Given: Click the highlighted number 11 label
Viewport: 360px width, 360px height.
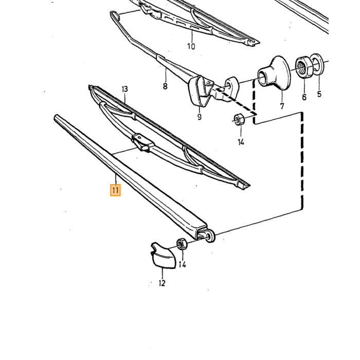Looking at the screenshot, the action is [x=115, y=190].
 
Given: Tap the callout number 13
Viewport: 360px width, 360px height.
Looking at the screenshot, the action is [x=124, y=89].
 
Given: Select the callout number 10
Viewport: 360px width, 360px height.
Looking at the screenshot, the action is [x=191, y=46].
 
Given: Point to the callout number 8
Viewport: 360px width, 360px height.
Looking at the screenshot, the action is [x=165, y=86].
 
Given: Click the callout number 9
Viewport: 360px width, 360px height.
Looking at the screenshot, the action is [x=200, y=117].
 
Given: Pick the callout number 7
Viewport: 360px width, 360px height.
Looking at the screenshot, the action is [x=282, y=106].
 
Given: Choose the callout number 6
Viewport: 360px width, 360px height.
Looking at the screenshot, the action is [x=304, y=97].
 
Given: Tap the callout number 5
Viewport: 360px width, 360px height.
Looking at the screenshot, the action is [x=319, y=94].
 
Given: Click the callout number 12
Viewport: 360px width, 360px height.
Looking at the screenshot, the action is [x=162, y=283].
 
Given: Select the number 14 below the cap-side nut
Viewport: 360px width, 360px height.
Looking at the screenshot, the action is [x=182, y=265].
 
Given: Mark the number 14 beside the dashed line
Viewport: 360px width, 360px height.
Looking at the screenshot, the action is [x=241, y=142].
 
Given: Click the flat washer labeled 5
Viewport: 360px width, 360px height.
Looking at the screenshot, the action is [x=317, y=64].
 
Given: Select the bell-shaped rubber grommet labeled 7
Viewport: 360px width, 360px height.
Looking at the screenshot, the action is [x=274, y=73].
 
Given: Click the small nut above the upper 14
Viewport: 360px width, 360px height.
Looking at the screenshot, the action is [x=239, y=119].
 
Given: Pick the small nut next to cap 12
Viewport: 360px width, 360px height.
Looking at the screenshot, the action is [x=182, y=244].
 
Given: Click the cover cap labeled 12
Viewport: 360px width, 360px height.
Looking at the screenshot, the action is [x=164, y=255].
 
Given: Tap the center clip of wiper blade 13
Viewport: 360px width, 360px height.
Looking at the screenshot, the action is [x=143, y=142].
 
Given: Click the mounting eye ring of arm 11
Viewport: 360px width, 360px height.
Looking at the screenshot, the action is [x=210, y=236].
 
